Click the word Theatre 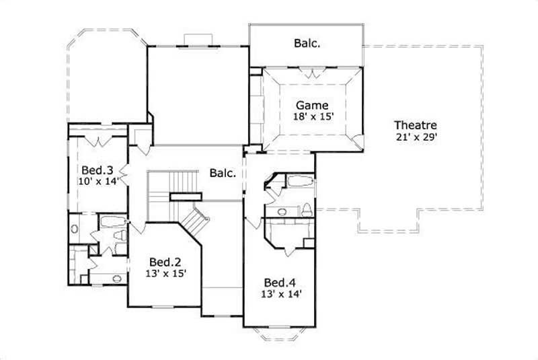tap(416, 125)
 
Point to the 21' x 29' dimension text tap(416, 137)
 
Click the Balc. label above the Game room tap(307, 44)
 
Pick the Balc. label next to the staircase tap(222, 173)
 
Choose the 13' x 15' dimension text tap(165, 273)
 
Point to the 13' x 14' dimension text tap(281, 293)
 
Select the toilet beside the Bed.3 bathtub tap(120, 236)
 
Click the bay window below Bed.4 tap(280, 333)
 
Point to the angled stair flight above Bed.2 tap(194, 221)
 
